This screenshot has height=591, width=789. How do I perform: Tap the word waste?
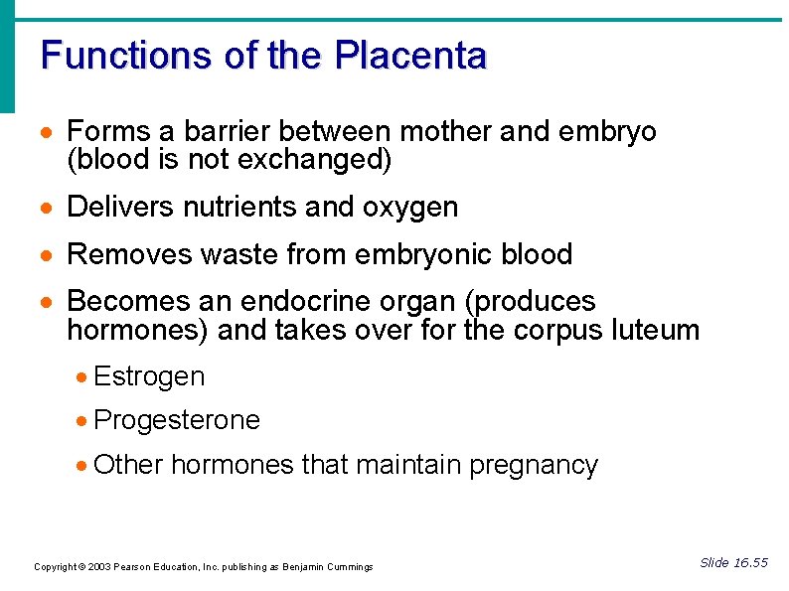(238, 254)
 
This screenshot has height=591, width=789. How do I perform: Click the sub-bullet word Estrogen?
(149, 377)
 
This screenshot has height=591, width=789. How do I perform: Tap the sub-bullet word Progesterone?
(176, 421)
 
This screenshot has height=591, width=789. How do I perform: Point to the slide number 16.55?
(749, 563)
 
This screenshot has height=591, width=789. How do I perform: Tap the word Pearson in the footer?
(132, 567)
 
